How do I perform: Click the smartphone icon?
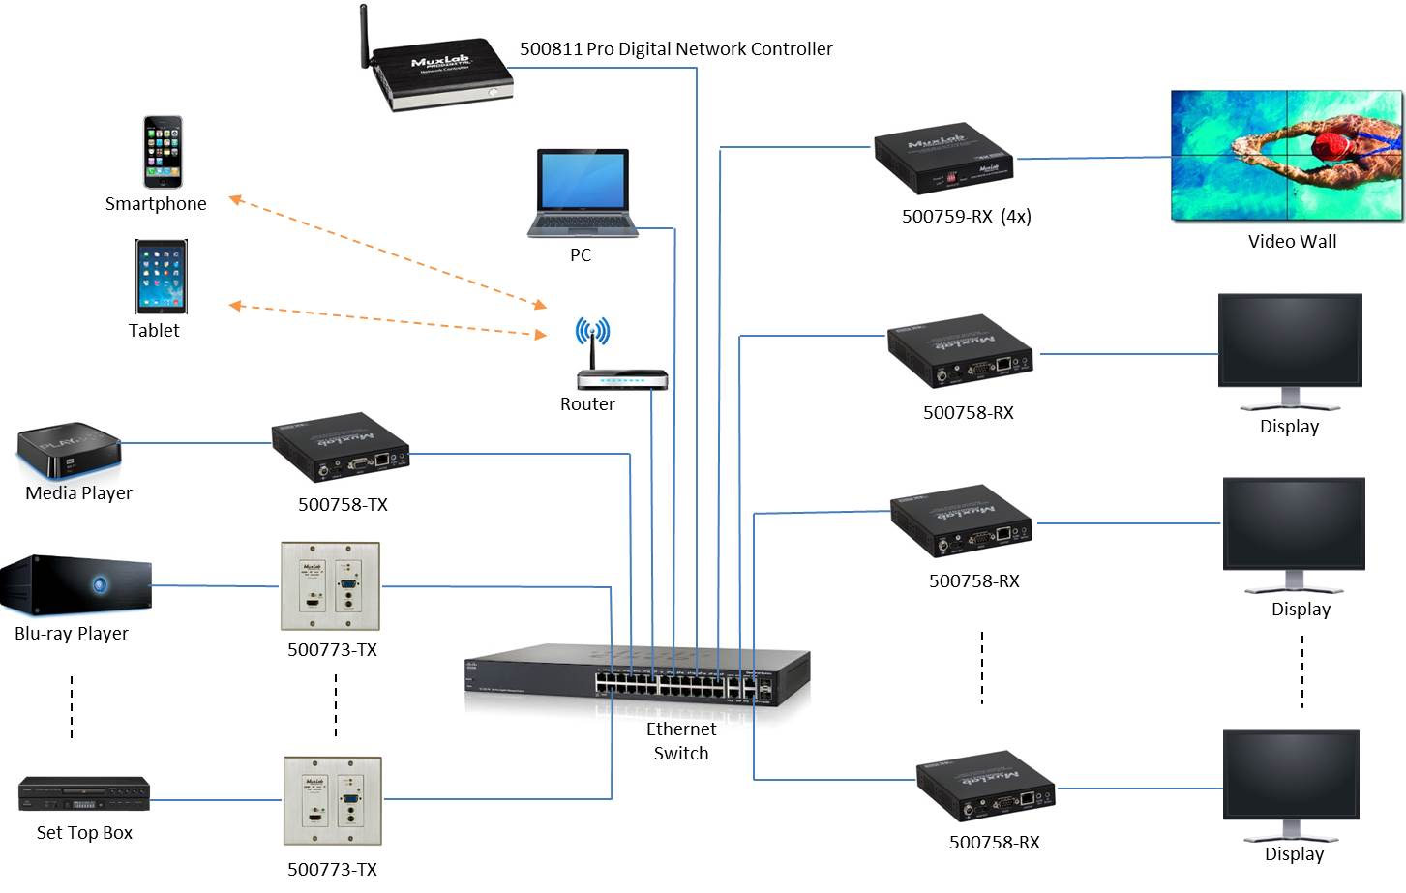coord(163,152)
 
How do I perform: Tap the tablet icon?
coord(161,277)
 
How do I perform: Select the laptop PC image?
coord(583,193)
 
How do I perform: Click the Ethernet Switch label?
coord(681,741)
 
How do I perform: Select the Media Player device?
coord(68,451)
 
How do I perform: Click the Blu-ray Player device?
coord(75,586)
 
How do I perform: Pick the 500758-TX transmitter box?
coord(340,449)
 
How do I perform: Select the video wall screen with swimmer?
coord(1286,156)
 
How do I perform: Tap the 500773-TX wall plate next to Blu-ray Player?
coord(330,586)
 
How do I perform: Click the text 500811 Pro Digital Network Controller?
coord(675,48)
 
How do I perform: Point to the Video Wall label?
coord(1292,242)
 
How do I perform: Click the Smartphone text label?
coord(156,204)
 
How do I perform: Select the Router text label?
coord(587,404)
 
